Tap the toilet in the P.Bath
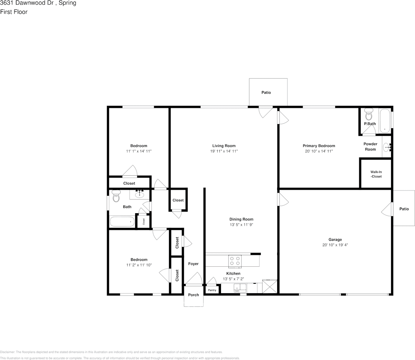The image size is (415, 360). point(368,114)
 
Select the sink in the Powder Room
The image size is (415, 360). point(387,147)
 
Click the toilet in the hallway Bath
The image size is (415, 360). point(116,197)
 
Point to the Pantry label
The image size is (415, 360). point(212,290)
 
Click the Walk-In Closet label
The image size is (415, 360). point(376,174)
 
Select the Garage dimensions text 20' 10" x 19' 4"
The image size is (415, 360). point(335,245)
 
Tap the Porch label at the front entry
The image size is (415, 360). point(194,295)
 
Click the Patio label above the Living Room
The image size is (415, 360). point(266,93)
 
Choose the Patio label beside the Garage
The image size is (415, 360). point(404,209)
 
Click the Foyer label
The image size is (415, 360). point(193,264)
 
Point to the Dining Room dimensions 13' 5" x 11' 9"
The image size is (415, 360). point(241,225)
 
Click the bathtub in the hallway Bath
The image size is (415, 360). point(122,222)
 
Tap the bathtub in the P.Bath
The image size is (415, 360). point(385,121)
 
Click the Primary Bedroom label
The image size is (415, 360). point(319,146)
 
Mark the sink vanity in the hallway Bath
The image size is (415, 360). point(140,194)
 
